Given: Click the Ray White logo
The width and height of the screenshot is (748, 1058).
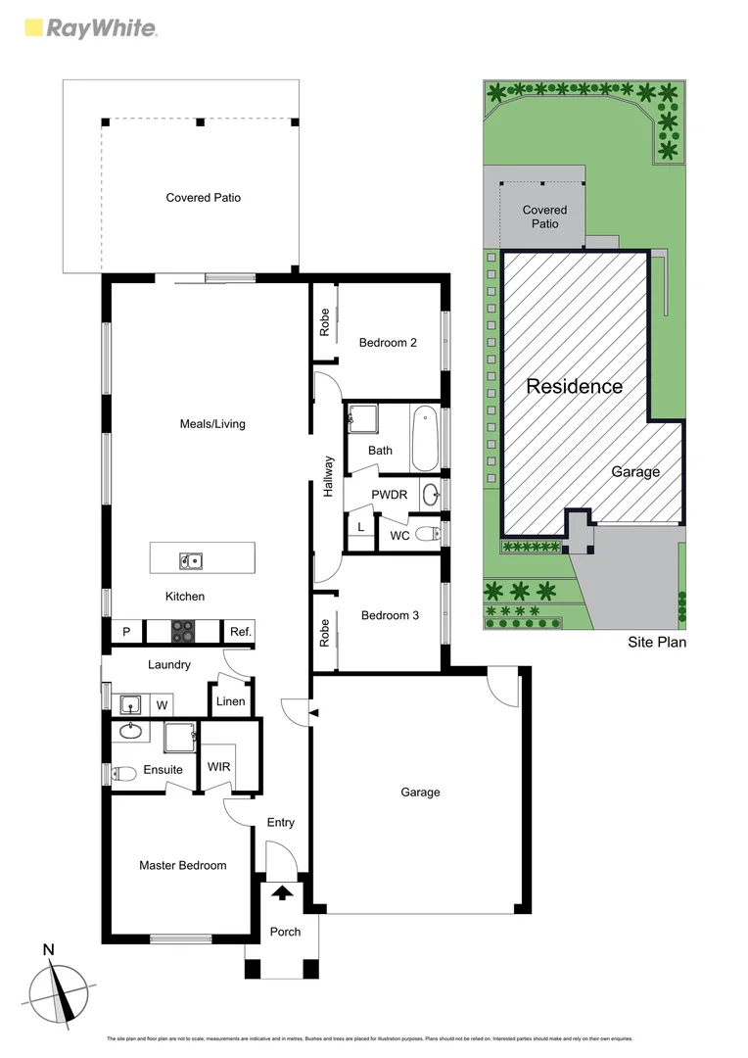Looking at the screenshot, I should click(89, 28).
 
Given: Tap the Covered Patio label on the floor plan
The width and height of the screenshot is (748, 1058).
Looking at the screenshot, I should click(203, 198).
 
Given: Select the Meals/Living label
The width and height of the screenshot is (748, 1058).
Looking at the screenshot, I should click(212, 424).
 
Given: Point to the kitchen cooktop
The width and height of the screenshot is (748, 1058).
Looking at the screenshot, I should click(184, 632).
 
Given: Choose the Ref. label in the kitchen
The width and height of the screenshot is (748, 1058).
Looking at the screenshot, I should click(241, 632).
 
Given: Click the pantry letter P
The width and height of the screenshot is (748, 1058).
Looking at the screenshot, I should click(126, 632).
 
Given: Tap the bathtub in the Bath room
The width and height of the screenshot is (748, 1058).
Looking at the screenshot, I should click(425, 442).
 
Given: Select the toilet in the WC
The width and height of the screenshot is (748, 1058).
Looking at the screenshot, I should click(426, 534).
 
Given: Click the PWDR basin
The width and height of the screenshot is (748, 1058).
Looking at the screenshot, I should click(431, 495).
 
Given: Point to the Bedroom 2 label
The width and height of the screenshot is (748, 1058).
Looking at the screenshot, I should click(388, 343).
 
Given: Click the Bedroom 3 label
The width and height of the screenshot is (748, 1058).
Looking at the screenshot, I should click(390, 615).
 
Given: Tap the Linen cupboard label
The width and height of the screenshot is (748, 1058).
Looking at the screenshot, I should click(231, 701).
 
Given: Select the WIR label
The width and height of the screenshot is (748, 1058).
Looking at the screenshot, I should click(219, 766).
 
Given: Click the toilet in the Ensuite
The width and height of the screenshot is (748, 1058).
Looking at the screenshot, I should click(122, 773).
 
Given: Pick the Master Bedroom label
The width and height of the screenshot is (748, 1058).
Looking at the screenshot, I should click(182, 865).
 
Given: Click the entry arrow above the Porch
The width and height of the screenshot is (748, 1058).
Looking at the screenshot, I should click(282, 892).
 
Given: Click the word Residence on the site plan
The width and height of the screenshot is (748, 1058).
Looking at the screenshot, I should click(574, 386).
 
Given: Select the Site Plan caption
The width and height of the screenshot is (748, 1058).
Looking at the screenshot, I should click(656, 643).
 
